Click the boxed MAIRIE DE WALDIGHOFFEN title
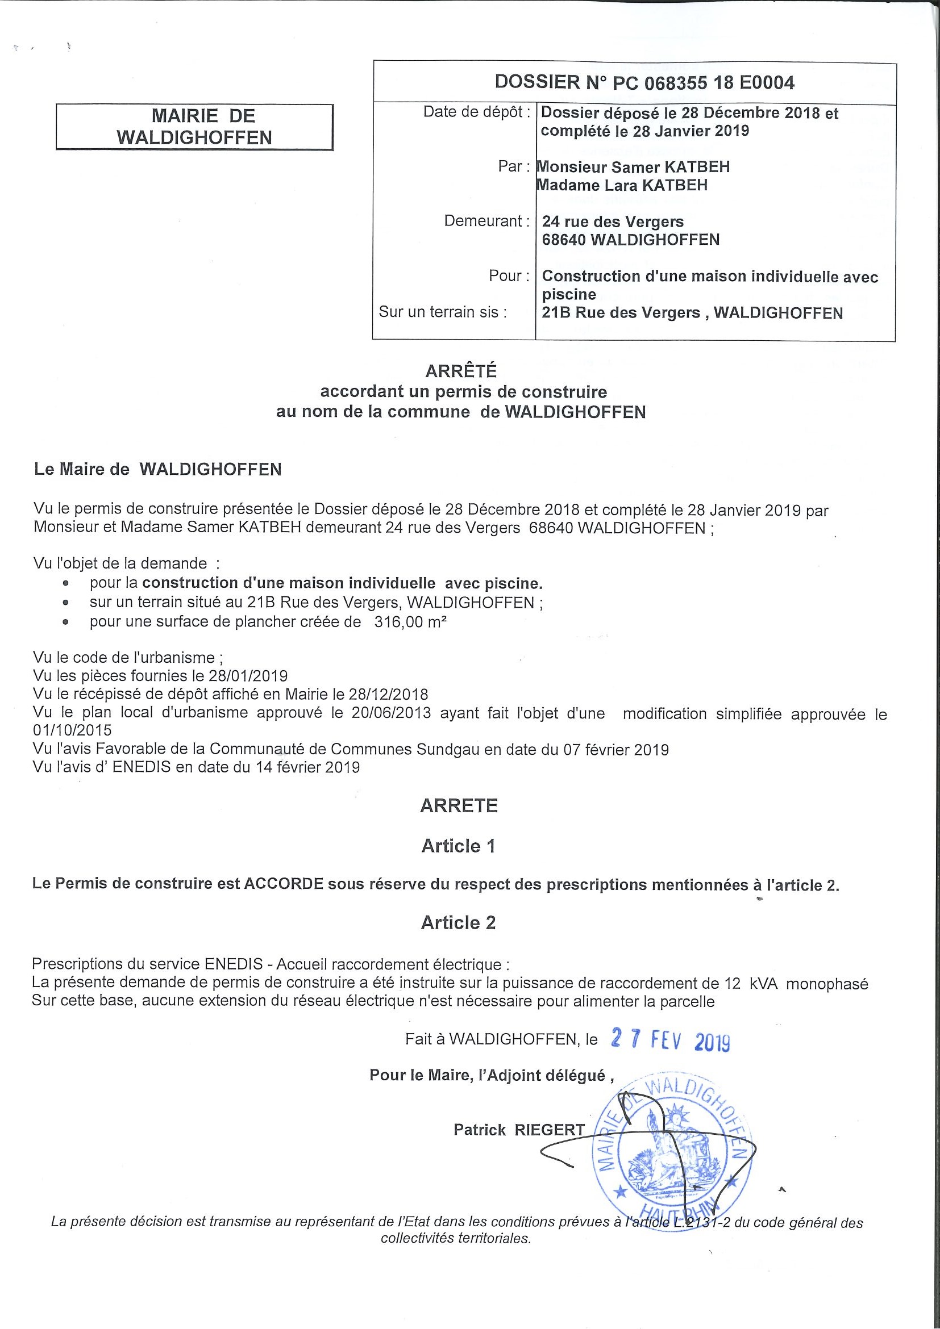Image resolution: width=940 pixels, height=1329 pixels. pyautogui.click(x=194, y=127)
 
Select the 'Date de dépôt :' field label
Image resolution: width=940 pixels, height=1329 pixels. pyautogui.click(x=477, y=112)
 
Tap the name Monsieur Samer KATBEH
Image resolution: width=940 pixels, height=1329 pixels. pyautogui.click(x=634, y=168)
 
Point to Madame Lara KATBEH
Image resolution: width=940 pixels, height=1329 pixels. pyautogui.click(x=623, y=185)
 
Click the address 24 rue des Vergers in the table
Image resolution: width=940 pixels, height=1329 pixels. pyautogui.click(x=613, y=221)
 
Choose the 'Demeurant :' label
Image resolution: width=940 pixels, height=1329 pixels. pyautogui.click(x=486, y=221)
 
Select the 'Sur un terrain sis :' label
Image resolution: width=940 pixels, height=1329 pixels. pyautogui.click(x=443, y=312)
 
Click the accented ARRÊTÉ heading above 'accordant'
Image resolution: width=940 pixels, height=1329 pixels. pyautogui.click(x=461, y=370)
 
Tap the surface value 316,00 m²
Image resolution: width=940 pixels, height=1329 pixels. pyautogui.click(x=410, y=622)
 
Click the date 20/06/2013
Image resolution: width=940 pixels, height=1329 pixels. pyautogui.click(x=391, y=713)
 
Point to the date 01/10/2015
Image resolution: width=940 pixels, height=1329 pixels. pyautogui.click(x=72, y=730)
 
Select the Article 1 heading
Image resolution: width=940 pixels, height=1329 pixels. pyautogui.click(x=458, y=846)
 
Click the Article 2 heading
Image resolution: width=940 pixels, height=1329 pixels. pyautogui.click(x=458, y=923)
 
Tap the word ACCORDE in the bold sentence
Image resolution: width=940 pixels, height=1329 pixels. pyautogui.click(x=283, y=884)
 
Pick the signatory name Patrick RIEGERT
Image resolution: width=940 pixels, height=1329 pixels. pyautogui.click(x=519, y=1129)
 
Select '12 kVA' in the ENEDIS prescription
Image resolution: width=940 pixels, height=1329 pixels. pyautogui.click(x=751, y=984)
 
